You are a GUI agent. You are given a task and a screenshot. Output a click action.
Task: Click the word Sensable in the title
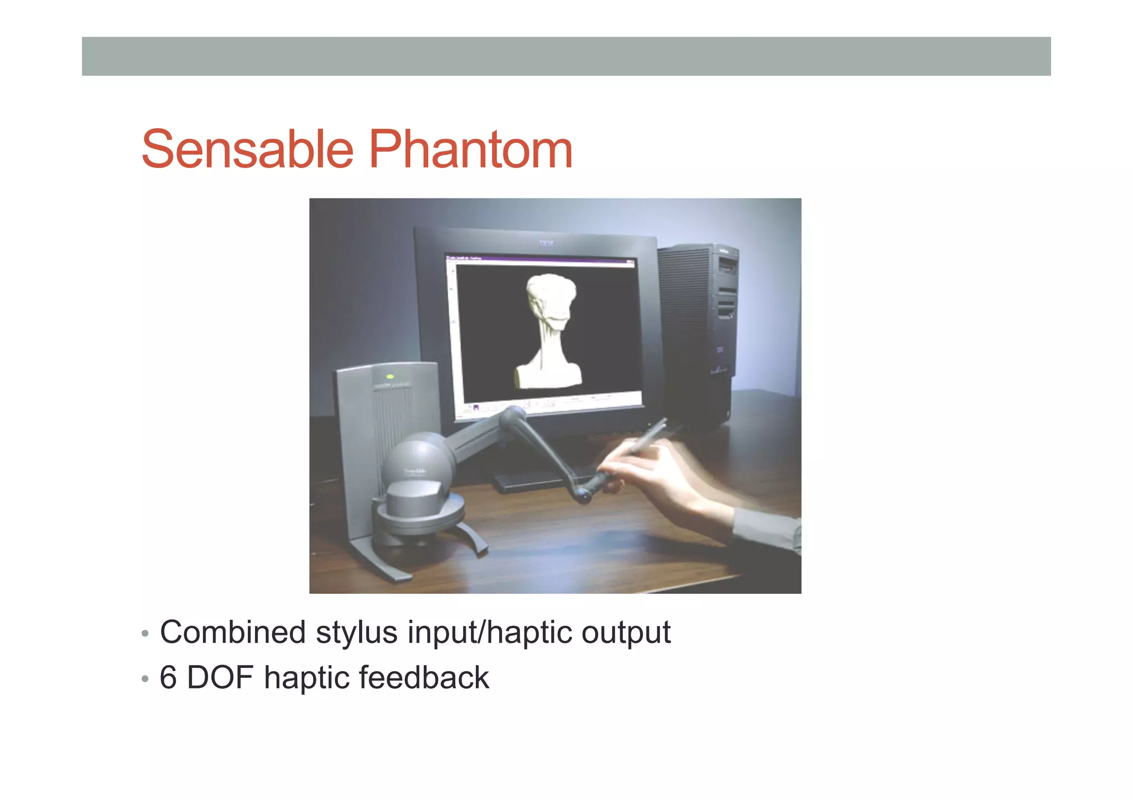point(247,149)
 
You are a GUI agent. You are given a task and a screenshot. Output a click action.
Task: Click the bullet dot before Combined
point(145,634)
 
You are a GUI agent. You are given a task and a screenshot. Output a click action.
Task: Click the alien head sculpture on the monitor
point(549,326)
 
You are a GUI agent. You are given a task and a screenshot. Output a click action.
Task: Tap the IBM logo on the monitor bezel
point(546,243)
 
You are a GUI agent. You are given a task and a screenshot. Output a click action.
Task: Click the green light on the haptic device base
point(389,377)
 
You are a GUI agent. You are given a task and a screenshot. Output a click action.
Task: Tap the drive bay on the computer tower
point(726,269)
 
